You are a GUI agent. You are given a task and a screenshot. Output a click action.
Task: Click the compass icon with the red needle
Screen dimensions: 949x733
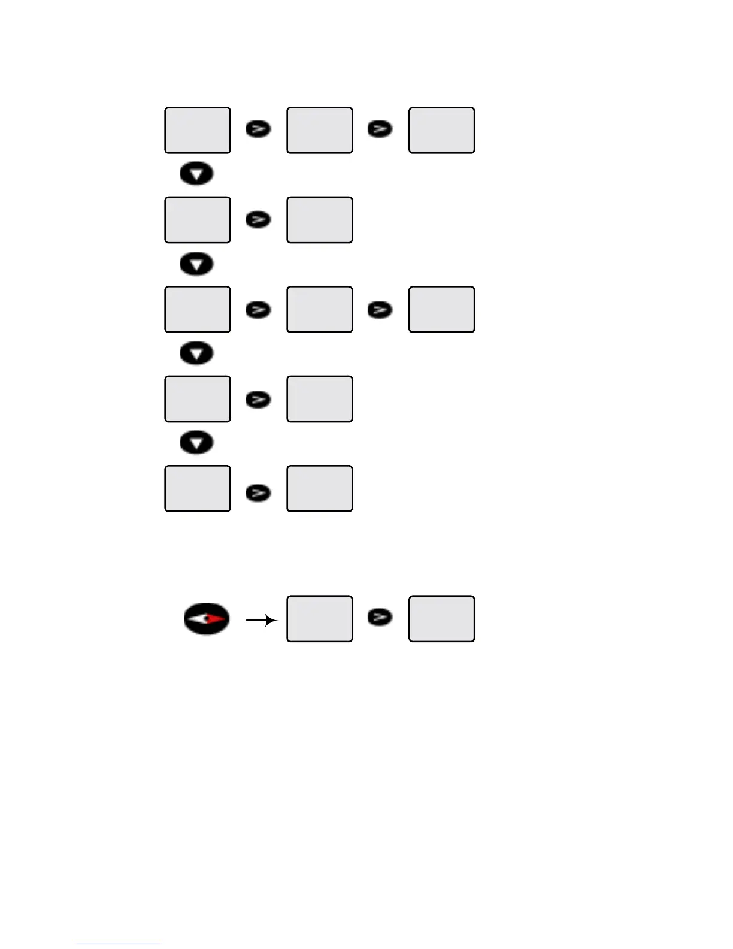click(x=206, y=619)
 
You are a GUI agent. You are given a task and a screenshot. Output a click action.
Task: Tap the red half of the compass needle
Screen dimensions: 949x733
click(x=216, y=619)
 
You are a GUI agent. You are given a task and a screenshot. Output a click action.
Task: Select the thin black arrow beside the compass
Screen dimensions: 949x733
click(x=261, y=621)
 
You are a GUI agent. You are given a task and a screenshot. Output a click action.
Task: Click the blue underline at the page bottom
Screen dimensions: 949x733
click(x=119, y=944)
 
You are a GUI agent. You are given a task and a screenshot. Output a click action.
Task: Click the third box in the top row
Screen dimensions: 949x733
click(x=441, y=131)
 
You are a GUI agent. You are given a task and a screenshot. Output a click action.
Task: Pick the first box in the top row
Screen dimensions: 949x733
click(x=198, y=131)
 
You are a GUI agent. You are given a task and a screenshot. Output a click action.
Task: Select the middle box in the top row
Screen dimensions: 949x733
click(x=319, y=131)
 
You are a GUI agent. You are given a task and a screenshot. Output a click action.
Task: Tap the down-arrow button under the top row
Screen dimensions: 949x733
click(x=197, y=174)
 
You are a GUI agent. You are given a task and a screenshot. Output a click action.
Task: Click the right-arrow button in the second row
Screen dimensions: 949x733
click(x=258, y=220)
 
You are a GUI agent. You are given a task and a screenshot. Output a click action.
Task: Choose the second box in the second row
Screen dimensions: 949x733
click(x=319, y=220)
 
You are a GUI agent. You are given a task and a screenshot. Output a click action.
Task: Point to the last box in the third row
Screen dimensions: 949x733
click(x=441, y=309)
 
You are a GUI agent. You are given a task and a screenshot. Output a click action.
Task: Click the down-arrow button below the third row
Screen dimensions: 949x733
click(x=197, y=353)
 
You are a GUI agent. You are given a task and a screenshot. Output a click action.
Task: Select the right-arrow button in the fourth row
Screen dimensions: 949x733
click(x=258, y=399)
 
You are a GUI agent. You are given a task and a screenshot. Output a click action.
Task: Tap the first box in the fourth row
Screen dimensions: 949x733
click(x=198, y=399)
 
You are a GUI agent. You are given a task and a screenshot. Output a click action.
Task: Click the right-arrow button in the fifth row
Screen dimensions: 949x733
click(x=258, y=492)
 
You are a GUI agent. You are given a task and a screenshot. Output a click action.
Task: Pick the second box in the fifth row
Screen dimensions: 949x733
click(x=319, y=488)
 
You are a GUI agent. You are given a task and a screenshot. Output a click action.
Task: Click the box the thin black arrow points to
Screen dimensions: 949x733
click(x=319, y=619)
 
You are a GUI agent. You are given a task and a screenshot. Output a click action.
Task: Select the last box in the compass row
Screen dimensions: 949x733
click(x=441, y=619)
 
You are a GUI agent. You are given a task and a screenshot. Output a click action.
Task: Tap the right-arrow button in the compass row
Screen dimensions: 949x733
click(x=380, y=617)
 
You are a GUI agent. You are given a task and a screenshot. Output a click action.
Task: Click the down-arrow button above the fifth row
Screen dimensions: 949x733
click(x=197, y=443)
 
